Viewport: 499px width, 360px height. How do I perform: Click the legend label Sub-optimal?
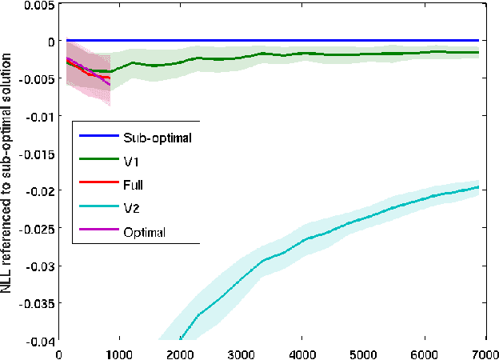[x=158, y=137]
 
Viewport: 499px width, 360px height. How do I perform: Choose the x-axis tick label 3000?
[x=241, y=352]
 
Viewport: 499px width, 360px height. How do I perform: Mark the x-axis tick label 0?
[x=59, y=352]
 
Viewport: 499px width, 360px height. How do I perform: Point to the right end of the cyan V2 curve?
[x=478, y=187]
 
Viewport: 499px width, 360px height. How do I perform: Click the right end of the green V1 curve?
[x=478, y=53]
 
